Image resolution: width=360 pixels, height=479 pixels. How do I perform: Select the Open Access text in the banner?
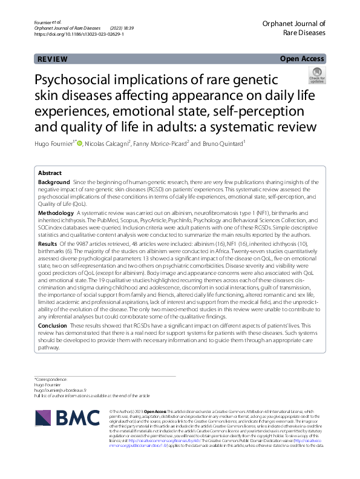click(303, 58)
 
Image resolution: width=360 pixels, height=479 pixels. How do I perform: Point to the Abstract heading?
click(50, 173)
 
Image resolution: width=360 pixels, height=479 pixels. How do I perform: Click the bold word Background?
click(53, 182)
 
